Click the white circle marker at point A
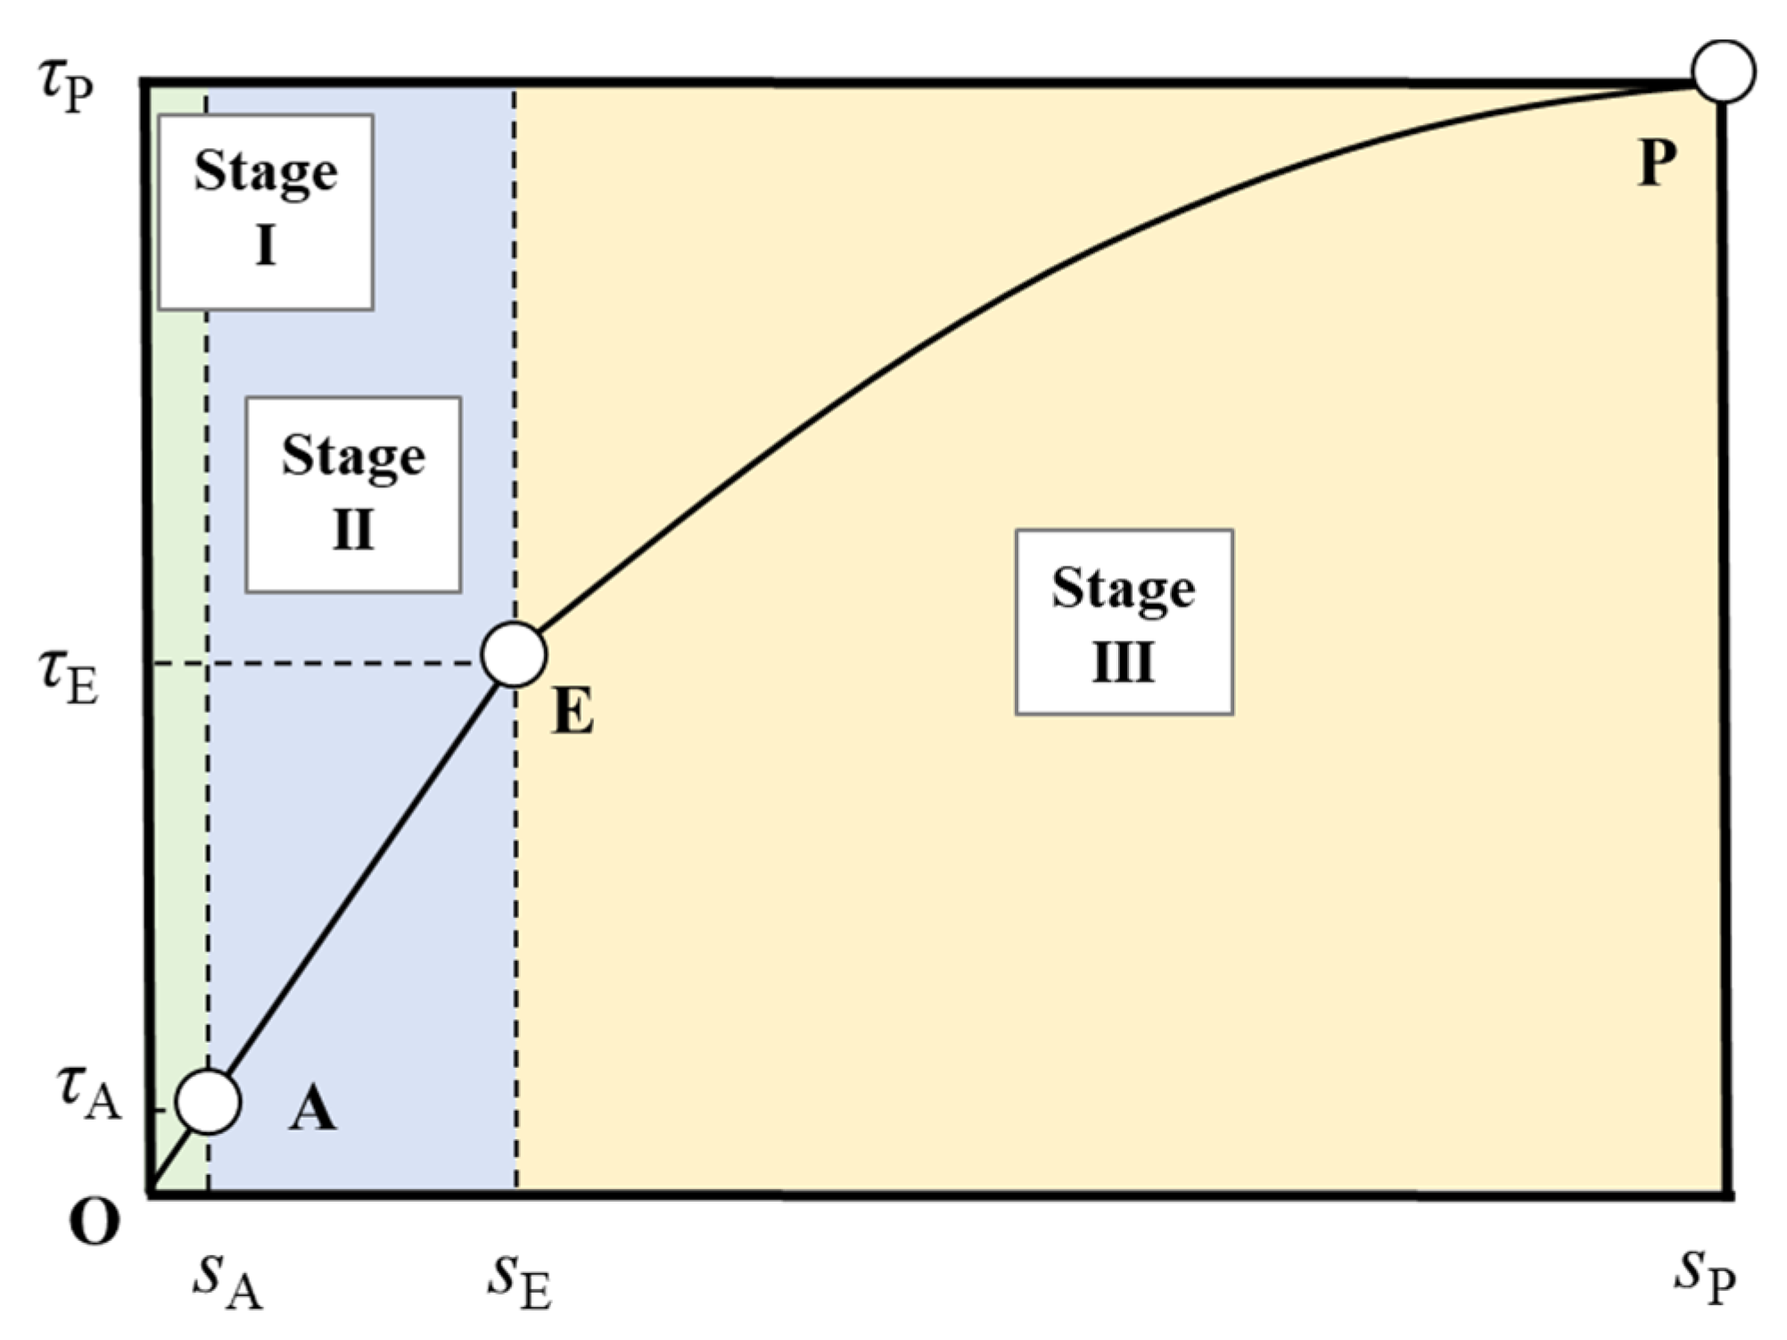(x=208, y=1102)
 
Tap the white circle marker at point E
(x=514, y=654)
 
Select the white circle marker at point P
(x=1724, y=71)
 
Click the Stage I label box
(x=266, y=212)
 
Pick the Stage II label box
(x=353, y=495)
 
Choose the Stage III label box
(x=1124, y=622)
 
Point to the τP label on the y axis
(x=66, y=87)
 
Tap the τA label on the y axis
(x=87, y=1096)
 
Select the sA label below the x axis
(x=227, y=1283)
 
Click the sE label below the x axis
(x=519, y=1283)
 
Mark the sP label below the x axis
(x=1704, y=1278)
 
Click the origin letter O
(x=94, y=1222)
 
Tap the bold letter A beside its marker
(x=312, y=1111)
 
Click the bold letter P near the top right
(x=1657, y=163)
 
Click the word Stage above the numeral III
(x=1124, y=590)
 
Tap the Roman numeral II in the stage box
(x=353, y=530)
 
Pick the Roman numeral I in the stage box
(x=266, y=245)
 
